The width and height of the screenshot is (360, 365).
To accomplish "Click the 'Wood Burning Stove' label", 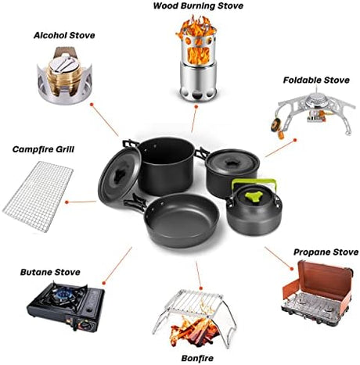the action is (198, 6).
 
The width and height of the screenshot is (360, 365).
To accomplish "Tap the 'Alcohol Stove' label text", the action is (64, 35).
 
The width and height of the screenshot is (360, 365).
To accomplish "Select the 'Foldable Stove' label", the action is (316, 80).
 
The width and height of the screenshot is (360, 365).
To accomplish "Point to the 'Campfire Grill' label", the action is (43, 149).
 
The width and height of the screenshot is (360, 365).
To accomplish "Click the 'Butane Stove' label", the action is (50, 272).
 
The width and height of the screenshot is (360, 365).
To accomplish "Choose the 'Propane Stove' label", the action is (326, 252).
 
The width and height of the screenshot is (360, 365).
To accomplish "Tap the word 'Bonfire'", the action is (197, 358).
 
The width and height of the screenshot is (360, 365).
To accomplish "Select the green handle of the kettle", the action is (253, 182).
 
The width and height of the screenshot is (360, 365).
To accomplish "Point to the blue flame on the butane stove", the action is (63, 294).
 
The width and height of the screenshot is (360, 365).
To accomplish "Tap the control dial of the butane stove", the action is (85, 325).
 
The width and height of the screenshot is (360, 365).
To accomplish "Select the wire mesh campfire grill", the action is (38, 196).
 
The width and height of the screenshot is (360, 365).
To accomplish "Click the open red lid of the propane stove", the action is (326, 279).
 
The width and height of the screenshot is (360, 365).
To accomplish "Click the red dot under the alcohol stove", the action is (92, 105).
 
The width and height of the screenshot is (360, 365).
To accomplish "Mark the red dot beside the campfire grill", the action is (67, 202).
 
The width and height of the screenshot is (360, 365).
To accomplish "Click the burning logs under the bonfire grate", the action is (194, 330).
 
